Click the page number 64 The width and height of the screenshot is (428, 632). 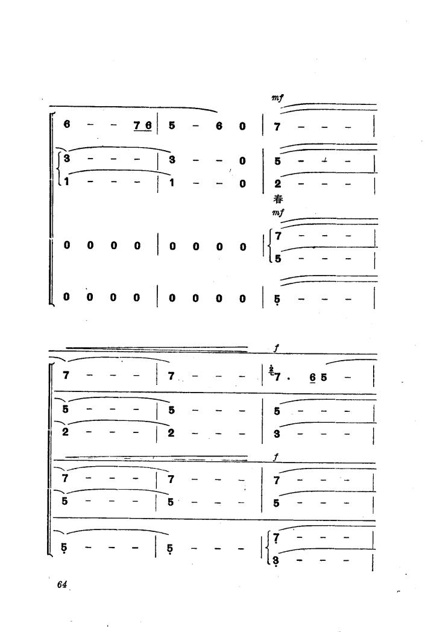point(61,584)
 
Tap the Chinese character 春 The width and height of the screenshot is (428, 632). point(278,199)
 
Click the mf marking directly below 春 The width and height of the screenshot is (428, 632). point(278,212)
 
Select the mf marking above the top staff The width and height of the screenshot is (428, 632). point(278,98)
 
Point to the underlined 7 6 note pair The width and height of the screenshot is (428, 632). point(143,126)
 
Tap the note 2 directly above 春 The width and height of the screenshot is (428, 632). point(278,183)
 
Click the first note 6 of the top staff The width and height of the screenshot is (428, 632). point(67,124)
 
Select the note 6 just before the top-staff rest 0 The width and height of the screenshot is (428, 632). point(219,126)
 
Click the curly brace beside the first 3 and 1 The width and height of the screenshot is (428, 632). point(60,171)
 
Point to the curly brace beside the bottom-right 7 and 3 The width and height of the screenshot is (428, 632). point(269,549)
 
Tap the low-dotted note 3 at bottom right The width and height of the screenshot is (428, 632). point(276,561)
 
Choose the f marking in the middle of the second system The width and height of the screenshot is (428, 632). point(275,458)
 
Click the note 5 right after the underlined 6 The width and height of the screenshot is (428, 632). point(324,378)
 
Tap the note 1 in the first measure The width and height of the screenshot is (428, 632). point(67,182)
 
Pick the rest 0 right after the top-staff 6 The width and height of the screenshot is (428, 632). point(242,126)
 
